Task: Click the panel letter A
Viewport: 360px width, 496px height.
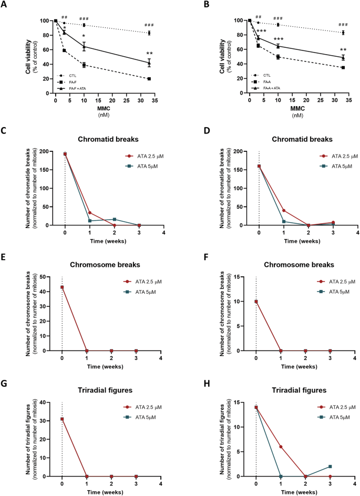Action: (6, 5)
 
